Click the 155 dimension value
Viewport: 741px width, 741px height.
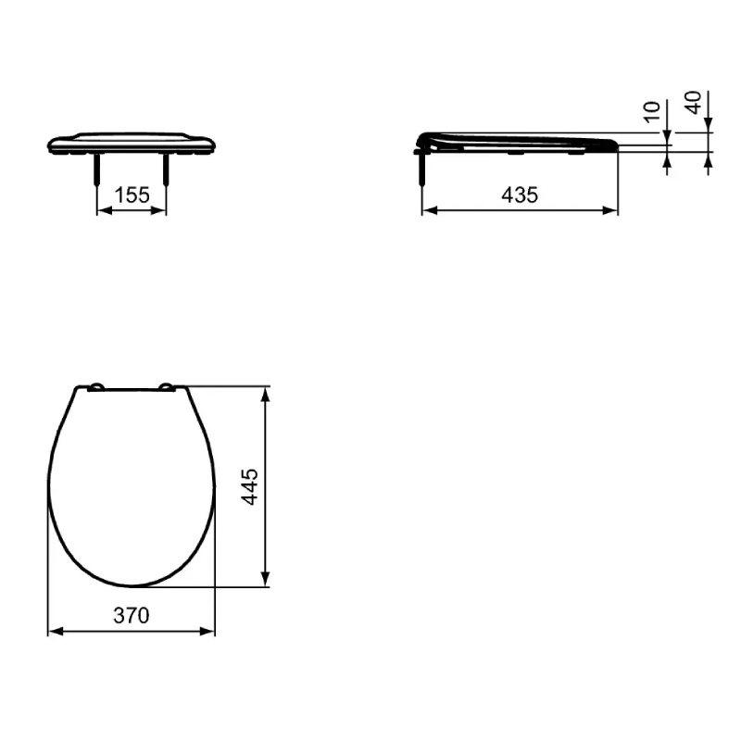point(132,195)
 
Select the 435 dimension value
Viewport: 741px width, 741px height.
point(520,195)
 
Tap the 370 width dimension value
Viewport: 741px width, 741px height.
point(132,615)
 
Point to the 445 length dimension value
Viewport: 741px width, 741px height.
point(249,487)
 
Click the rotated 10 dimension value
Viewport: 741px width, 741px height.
point(652,112)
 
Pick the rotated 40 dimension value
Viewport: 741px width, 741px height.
point(693,103)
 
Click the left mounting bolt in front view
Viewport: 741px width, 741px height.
point(97,170)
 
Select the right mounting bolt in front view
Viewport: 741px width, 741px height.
point(166,170)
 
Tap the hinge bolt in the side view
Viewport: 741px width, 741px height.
point(422,169)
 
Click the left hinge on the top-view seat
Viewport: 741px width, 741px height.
point(97,387)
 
